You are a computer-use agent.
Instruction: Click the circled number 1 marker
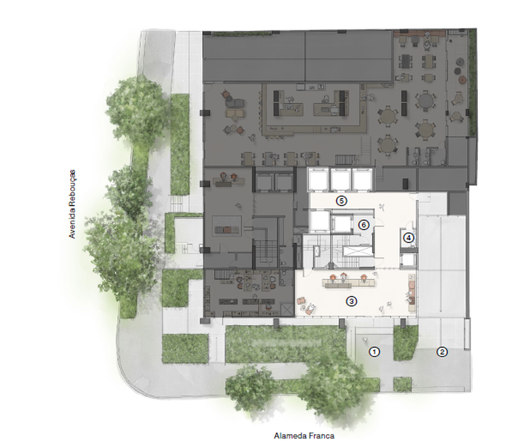coord(374,352)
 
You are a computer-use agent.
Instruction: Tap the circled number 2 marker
coord(442,352)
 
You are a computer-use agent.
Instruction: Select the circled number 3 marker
coord(351,302)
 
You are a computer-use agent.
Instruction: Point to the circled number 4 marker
coord(409,238)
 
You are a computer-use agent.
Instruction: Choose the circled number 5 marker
coord(341,201)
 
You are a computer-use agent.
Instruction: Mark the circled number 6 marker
coord(364,225)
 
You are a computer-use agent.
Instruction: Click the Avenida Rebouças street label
coord(72,204)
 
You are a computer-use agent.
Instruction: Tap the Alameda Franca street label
coord(304,436)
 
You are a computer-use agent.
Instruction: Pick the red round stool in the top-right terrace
coord(463,80)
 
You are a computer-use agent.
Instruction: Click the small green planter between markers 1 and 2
coord(405,343)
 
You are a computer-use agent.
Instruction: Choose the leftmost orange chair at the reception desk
coord(333,277)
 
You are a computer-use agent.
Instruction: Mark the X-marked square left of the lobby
coord(287,309)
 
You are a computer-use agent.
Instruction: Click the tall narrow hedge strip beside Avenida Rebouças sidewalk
coord(180,144)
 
